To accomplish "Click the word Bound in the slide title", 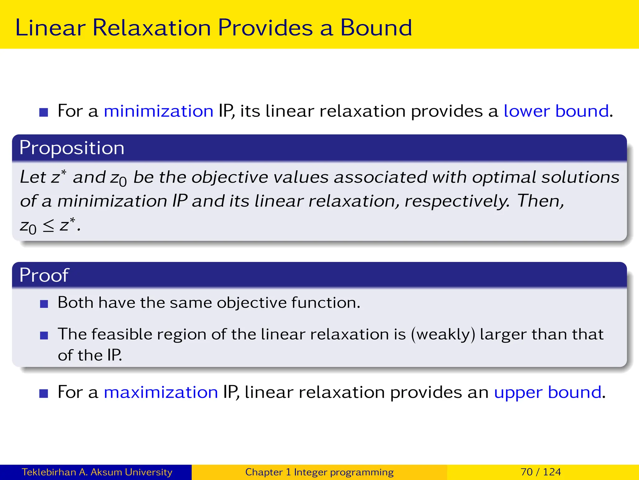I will coord(376,28).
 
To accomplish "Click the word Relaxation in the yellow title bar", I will coord(152,28).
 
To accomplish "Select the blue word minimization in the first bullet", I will coord(159,111).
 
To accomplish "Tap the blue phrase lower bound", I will coord(556,111).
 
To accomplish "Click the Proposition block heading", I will coord(72,148).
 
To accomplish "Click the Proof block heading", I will coord(44,275).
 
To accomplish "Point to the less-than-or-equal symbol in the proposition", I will coord(48,226).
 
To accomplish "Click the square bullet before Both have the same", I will coord(44,304).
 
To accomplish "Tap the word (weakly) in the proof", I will coord(443,334).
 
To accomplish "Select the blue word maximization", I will coord(161,392).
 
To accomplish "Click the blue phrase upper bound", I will coord(548,392).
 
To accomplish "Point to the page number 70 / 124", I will coord(541,472).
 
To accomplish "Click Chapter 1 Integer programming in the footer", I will coord(319,472).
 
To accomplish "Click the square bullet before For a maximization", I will coord(44,393).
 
